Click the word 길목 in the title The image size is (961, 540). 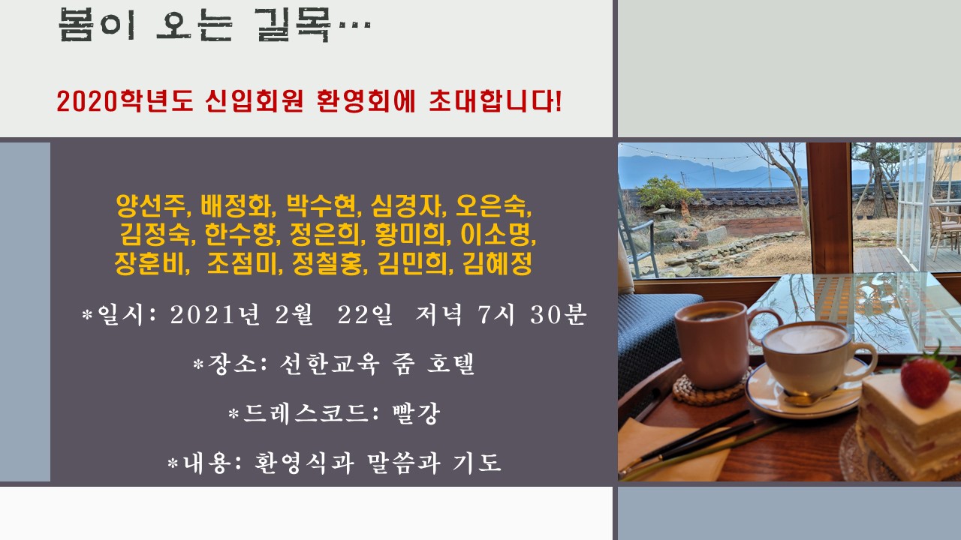pyautogui.click(x=293, y=25)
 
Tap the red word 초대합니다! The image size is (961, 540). pyautogui.click(x=495, y=101)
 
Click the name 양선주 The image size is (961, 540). pyautogui.click(x=151, y=206)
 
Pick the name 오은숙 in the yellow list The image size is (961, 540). pyautogui.click(x=491, y=206)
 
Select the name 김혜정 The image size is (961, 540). pyautogui.click(x=498, y=263)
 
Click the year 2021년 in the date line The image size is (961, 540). pyautogui.click(x=215, y=314)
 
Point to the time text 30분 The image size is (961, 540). pyautogui.click(x=558, y=314)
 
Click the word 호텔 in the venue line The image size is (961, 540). pyautogui.click(x=450, y=364)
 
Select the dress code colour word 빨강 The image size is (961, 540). pyautogui.click(x=416, y=413)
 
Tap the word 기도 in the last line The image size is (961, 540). pyautogui.click(x=477, y=463)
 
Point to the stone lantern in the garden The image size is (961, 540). pyautogui.click(x=663, y=214)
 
